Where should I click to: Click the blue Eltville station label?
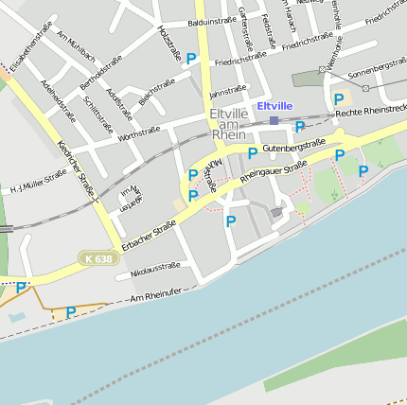pyautogui.click(x=274, y=106)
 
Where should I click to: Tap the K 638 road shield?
pyautogui.click(x=97, y=257)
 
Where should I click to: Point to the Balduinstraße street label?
pyautogui.click(x=212, y=20)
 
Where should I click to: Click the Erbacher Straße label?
pyautogui.click(x=149, y=232)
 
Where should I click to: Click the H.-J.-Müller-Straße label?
pyautogui.click(x=39, y=180)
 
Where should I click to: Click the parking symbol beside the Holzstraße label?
pyautogui.click(x=191, y=59)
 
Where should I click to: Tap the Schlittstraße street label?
pyautogui.click(x=98, y=114)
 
